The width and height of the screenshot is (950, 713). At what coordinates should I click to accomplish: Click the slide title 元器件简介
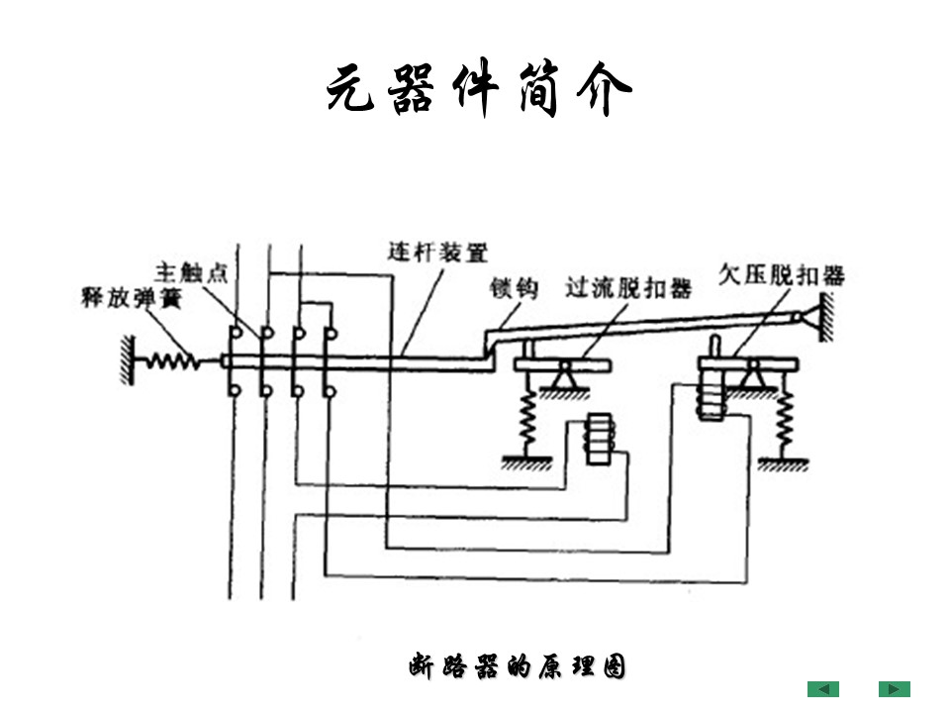pos(478,93)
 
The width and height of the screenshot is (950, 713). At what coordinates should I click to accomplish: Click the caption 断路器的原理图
pos(517,667)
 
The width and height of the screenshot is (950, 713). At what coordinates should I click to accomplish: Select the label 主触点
pos(191,271)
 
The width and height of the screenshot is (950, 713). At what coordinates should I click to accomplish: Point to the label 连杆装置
pos(436,253)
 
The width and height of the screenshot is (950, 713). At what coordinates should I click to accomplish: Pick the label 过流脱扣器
pos(627,288)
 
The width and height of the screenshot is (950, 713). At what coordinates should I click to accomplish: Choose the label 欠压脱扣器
pos(782,274)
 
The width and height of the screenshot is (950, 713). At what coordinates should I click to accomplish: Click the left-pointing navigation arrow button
pos(822,689)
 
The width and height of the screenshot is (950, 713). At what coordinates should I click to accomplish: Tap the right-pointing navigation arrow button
pos(894,689)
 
